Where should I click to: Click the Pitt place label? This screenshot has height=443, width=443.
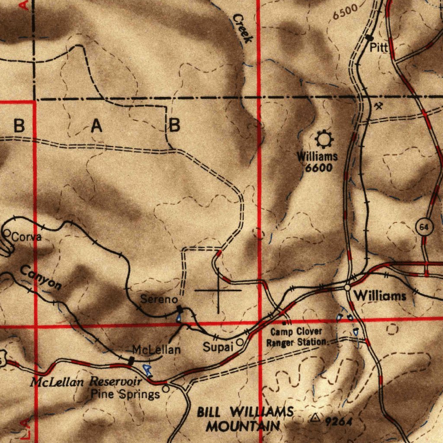379,48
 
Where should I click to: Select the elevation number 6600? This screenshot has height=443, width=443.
318,167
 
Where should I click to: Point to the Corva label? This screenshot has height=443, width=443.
26,237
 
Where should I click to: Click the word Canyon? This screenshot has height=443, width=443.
41,277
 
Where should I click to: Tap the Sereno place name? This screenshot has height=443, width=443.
159,299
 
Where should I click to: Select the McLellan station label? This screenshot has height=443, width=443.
156,350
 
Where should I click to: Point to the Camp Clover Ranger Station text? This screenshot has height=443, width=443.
297,337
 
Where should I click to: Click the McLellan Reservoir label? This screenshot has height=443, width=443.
87,382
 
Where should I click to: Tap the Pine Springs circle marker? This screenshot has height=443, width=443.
166,389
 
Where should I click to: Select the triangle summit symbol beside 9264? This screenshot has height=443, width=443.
316,418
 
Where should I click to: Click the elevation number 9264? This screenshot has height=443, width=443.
339,421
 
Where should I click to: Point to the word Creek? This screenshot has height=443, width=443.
242,28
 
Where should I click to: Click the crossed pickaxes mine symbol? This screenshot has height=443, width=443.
379,105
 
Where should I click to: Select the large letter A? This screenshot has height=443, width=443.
96,126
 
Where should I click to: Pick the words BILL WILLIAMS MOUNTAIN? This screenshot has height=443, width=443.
245,419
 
